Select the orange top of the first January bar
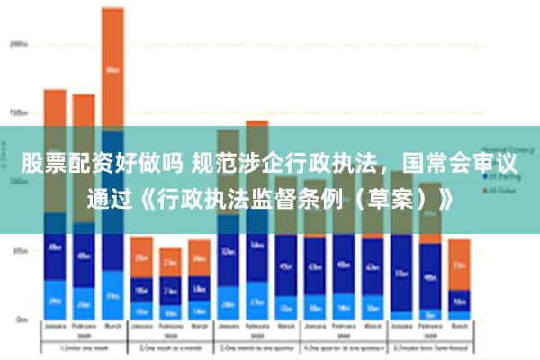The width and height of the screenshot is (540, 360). tap(55, 108)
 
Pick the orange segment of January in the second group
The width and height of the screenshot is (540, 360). tap(141, 256)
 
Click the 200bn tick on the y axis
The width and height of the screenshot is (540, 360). tap(17, 43)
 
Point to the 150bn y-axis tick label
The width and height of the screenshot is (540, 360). tap(17, 112)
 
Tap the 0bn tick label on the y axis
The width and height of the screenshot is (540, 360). tap(19, 319)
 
